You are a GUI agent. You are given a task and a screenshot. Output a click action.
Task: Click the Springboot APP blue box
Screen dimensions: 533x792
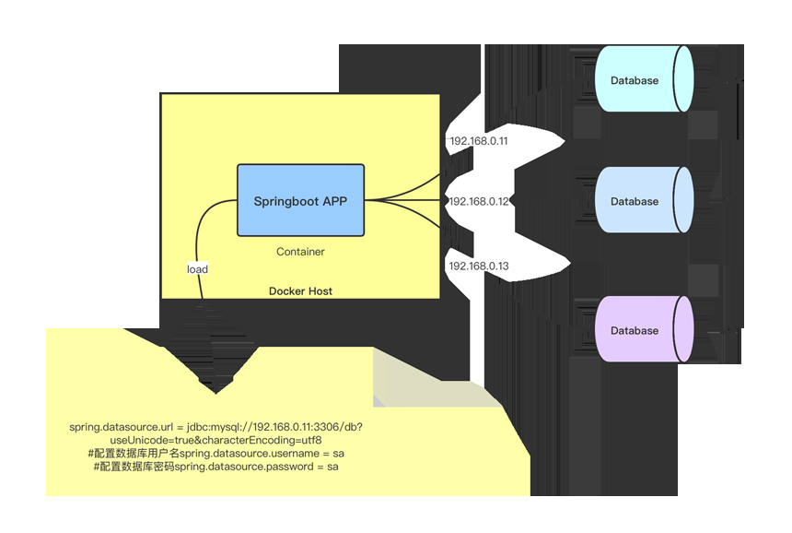point(300,200)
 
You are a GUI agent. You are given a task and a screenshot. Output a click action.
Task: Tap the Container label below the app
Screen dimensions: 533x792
point(300,252)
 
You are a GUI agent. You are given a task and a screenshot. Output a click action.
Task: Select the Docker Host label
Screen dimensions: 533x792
point(300,291)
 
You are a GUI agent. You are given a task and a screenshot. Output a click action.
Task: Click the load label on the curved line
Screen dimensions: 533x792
point(197,269)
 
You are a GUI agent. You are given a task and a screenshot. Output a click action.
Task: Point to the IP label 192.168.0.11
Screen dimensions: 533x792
point(478,142)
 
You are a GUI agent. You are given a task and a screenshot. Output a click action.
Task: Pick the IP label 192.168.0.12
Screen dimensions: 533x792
point(478,201)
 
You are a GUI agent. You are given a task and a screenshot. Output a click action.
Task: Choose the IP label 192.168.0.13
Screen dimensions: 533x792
point(478,266)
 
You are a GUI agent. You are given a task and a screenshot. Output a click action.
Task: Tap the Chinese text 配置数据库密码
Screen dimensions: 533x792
point(137,468)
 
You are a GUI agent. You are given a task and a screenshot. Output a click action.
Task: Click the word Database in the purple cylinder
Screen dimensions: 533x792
point(635,330)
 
